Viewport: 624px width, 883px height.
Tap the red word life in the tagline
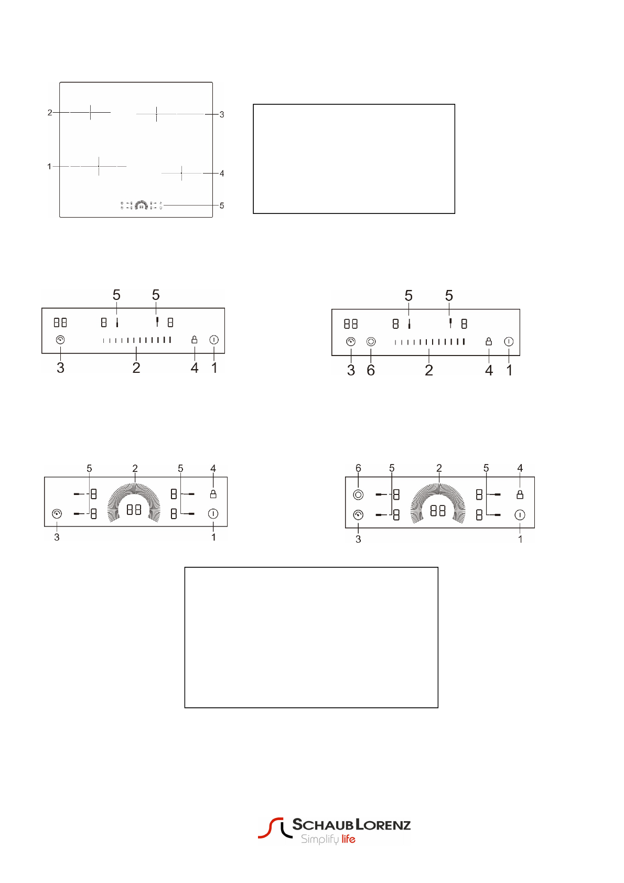[348, 839]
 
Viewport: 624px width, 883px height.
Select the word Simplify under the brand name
[320, 839]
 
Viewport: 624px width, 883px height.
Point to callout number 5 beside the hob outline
[222, 206]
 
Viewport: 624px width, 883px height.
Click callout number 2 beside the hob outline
[50, 113]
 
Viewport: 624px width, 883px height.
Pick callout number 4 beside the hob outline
[222, 174]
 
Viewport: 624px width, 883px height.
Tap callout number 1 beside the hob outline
[49, 166]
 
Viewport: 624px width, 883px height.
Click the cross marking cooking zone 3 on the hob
[156, 114]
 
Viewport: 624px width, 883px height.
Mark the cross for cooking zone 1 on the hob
[99, 166]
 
